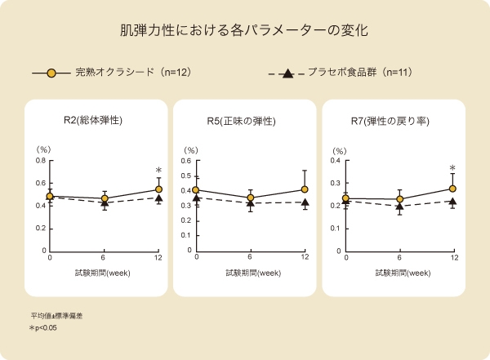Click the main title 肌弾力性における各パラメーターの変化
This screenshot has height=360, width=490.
(244, 32)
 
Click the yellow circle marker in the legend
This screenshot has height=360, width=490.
(51, 73)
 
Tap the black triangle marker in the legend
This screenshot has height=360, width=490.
(287, 74)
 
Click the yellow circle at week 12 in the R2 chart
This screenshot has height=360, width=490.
(158, 190)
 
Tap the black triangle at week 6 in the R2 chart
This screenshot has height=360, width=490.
(105, 203)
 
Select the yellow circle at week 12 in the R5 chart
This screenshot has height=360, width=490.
(305, 189)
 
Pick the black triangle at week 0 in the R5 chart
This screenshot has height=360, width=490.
(197, 198)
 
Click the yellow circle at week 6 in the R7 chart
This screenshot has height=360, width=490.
(399, 199)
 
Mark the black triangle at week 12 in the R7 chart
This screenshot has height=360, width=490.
(452, 202)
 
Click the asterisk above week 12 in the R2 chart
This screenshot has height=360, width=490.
(158, 171)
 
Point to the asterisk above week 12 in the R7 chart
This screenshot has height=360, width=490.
(452, 169)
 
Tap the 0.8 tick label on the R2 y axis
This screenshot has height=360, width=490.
(39, 160)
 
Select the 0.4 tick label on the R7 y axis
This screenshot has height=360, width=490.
(335, 160)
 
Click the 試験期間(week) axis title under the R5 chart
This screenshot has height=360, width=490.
(251, 273)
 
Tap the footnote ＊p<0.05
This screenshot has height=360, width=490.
(43, 328)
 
